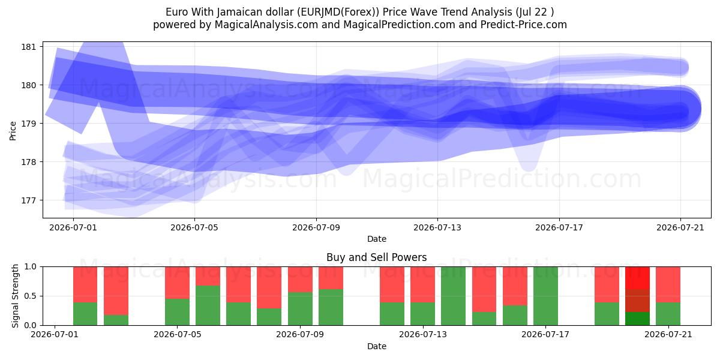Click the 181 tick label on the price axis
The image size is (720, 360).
tap(28, 47)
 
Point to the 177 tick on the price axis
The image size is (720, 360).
tap(28, 200)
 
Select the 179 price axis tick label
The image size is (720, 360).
tap(28, 124)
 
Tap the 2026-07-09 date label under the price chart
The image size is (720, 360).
tap(316, 227)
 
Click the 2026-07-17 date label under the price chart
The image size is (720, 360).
tap(559, 227)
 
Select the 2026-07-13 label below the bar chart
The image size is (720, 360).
tap(423, 335)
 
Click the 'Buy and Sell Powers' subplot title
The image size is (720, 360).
tap(376, 257)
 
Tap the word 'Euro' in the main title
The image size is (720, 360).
tap(177, 12)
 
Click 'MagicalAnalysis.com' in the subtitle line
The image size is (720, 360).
tap(266, 25)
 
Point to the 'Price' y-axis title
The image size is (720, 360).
tap(13, 131)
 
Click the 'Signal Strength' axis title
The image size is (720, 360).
tap(15, 296)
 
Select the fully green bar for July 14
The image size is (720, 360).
tap(453, 296)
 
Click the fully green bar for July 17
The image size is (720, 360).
tap(545, 296)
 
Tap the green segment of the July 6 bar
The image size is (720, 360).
tap(208, 305)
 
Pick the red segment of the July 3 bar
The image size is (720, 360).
tap(116, 290)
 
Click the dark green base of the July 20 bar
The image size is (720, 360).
tap(637, 319)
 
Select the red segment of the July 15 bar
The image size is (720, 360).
tap(484, 289)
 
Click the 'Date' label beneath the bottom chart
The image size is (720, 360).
tap(376, 346)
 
